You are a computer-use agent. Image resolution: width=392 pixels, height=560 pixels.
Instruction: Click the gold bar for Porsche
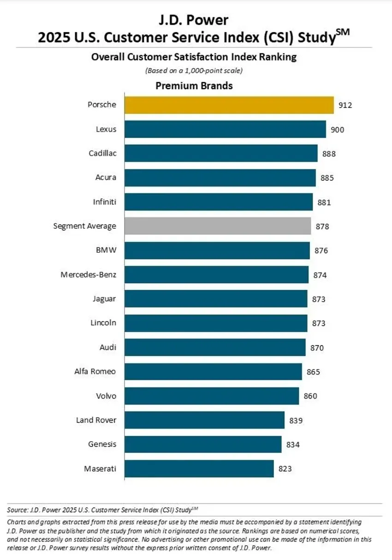229,105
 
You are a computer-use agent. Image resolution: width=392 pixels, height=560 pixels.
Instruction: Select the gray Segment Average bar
217,226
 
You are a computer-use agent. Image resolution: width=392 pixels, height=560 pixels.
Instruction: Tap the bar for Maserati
199,469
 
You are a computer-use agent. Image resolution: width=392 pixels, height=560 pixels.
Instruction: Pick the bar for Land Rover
204,420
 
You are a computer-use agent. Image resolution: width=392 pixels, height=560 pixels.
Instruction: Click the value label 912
344,105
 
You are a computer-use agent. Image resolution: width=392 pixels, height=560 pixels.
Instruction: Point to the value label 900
337,130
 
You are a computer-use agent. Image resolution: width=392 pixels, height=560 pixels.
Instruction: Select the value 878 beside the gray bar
322,226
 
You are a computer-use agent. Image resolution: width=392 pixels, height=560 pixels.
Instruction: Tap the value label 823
285,469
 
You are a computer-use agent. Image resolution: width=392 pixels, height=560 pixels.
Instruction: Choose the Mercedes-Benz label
88,275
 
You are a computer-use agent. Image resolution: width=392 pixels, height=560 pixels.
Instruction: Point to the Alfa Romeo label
95,371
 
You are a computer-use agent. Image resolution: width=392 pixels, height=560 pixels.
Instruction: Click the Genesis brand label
102,444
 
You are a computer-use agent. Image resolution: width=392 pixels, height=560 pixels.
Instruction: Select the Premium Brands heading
194,86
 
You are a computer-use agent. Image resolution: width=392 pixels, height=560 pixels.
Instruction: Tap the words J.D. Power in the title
194,20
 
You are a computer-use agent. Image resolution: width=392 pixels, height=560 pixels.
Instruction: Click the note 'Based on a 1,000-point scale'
194,71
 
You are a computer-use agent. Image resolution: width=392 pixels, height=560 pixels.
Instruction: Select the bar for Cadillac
220,154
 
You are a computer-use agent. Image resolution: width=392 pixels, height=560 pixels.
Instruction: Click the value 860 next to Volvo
310,396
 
